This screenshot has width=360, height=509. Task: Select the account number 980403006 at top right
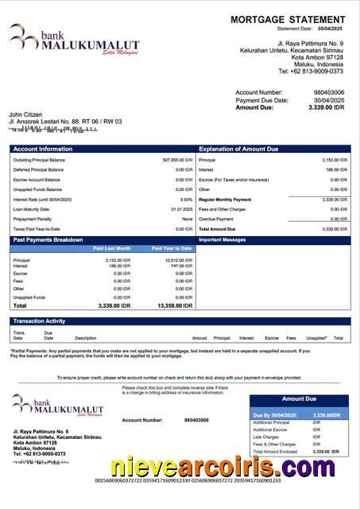329,93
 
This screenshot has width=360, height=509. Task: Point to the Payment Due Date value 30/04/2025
328,100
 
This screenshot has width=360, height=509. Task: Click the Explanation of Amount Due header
238,150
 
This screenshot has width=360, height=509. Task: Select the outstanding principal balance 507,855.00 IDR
177,160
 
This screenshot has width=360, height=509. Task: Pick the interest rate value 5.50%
187,200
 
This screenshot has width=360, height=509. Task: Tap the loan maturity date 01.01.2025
182,209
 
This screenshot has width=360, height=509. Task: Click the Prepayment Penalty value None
188,219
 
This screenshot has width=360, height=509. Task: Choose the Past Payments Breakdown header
48,239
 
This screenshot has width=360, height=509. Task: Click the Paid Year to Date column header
172,249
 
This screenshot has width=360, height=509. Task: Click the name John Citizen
25,115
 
